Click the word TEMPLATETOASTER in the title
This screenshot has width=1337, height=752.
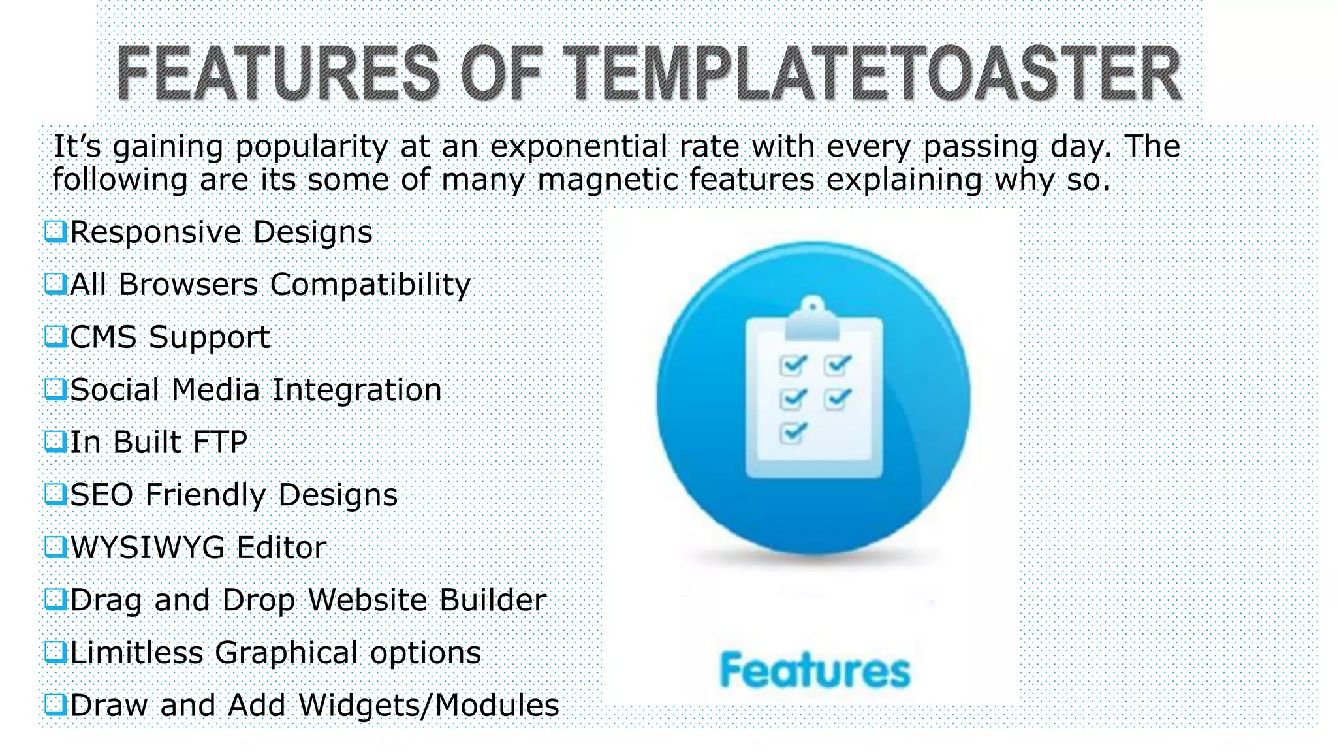click(x=872, y=74)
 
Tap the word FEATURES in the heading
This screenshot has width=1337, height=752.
click(x=278, y=74)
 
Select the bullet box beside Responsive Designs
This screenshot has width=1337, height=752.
click(x=55, y=231)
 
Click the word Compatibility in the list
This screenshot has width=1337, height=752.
click(x=370, y=285)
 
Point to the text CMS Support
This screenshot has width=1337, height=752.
click(x=170, y=337)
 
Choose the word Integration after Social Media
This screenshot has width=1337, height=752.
click(x=356, y=390)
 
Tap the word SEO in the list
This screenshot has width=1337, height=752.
click(x=101, y=495)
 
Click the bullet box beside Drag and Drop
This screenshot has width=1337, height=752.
click(x=55, y=599)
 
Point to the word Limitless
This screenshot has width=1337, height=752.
click(x=136, y=652)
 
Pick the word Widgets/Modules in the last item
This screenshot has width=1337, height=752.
click(x=429, y=705)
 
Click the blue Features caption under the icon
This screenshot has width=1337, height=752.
click(x=814, y=670)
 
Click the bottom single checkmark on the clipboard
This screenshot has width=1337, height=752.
click(x=793, y=432)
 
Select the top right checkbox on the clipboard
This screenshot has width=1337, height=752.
click(x=838, y=365)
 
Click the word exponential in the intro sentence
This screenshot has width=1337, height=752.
click(x=578, y=147)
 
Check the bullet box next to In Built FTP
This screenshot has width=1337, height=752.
click(x=55, y=442)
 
